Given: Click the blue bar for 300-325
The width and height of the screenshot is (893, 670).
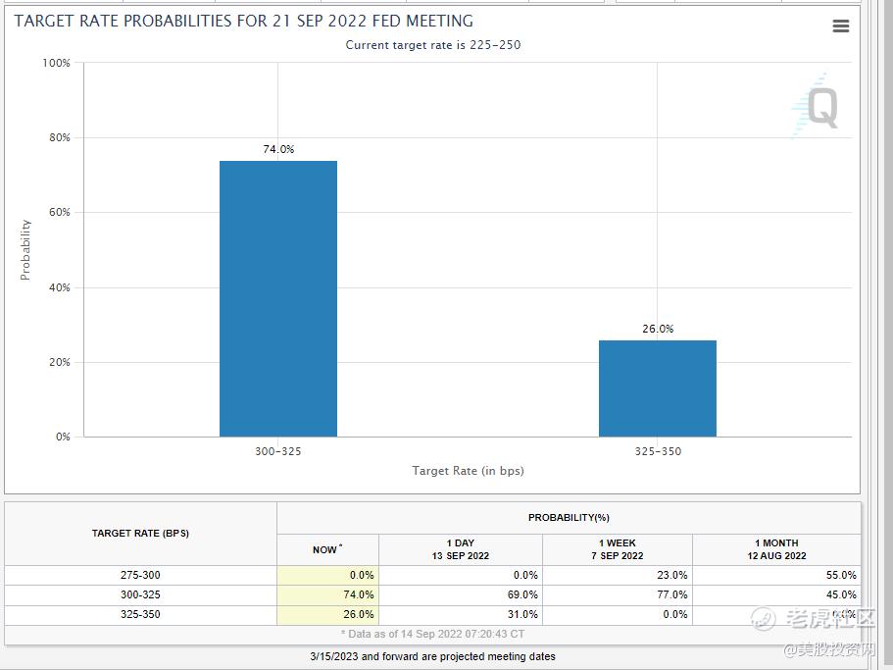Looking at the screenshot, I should point(277,298).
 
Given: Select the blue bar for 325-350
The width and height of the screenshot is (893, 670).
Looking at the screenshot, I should point(657,388).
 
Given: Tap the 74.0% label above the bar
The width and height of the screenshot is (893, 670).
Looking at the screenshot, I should point(277,149).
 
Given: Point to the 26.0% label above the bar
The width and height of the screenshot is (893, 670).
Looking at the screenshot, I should point(658,329).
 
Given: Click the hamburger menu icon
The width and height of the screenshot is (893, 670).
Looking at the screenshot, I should point(840,26).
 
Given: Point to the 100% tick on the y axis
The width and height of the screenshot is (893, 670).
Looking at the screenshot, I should point(57,63).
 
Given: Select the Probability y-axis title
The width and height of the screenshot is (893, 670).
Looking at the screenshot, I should point(25,249).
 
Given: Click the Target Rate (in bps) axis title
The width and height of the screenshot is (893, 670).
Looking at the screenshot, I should point(468,471).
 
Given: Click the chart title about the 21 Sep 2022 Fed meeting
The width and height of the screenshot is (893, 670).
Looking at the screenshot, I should point(243,21).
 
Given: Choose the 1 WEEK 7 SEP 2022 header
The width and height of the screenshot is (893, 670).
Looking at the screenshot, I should point(617,549).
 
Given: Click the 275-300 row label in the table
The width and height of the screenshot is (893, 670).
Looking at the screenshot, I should point(140,575).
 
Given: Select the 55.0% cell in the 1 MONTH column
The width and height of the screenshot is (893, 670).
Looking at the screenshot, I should point(840,575).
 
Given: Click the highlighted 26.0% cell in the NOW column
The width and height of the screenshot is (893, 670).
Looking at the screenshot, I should point(359,614).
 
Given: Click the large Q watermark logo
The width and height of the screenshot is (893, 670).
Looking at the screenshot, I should point(818,107).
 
